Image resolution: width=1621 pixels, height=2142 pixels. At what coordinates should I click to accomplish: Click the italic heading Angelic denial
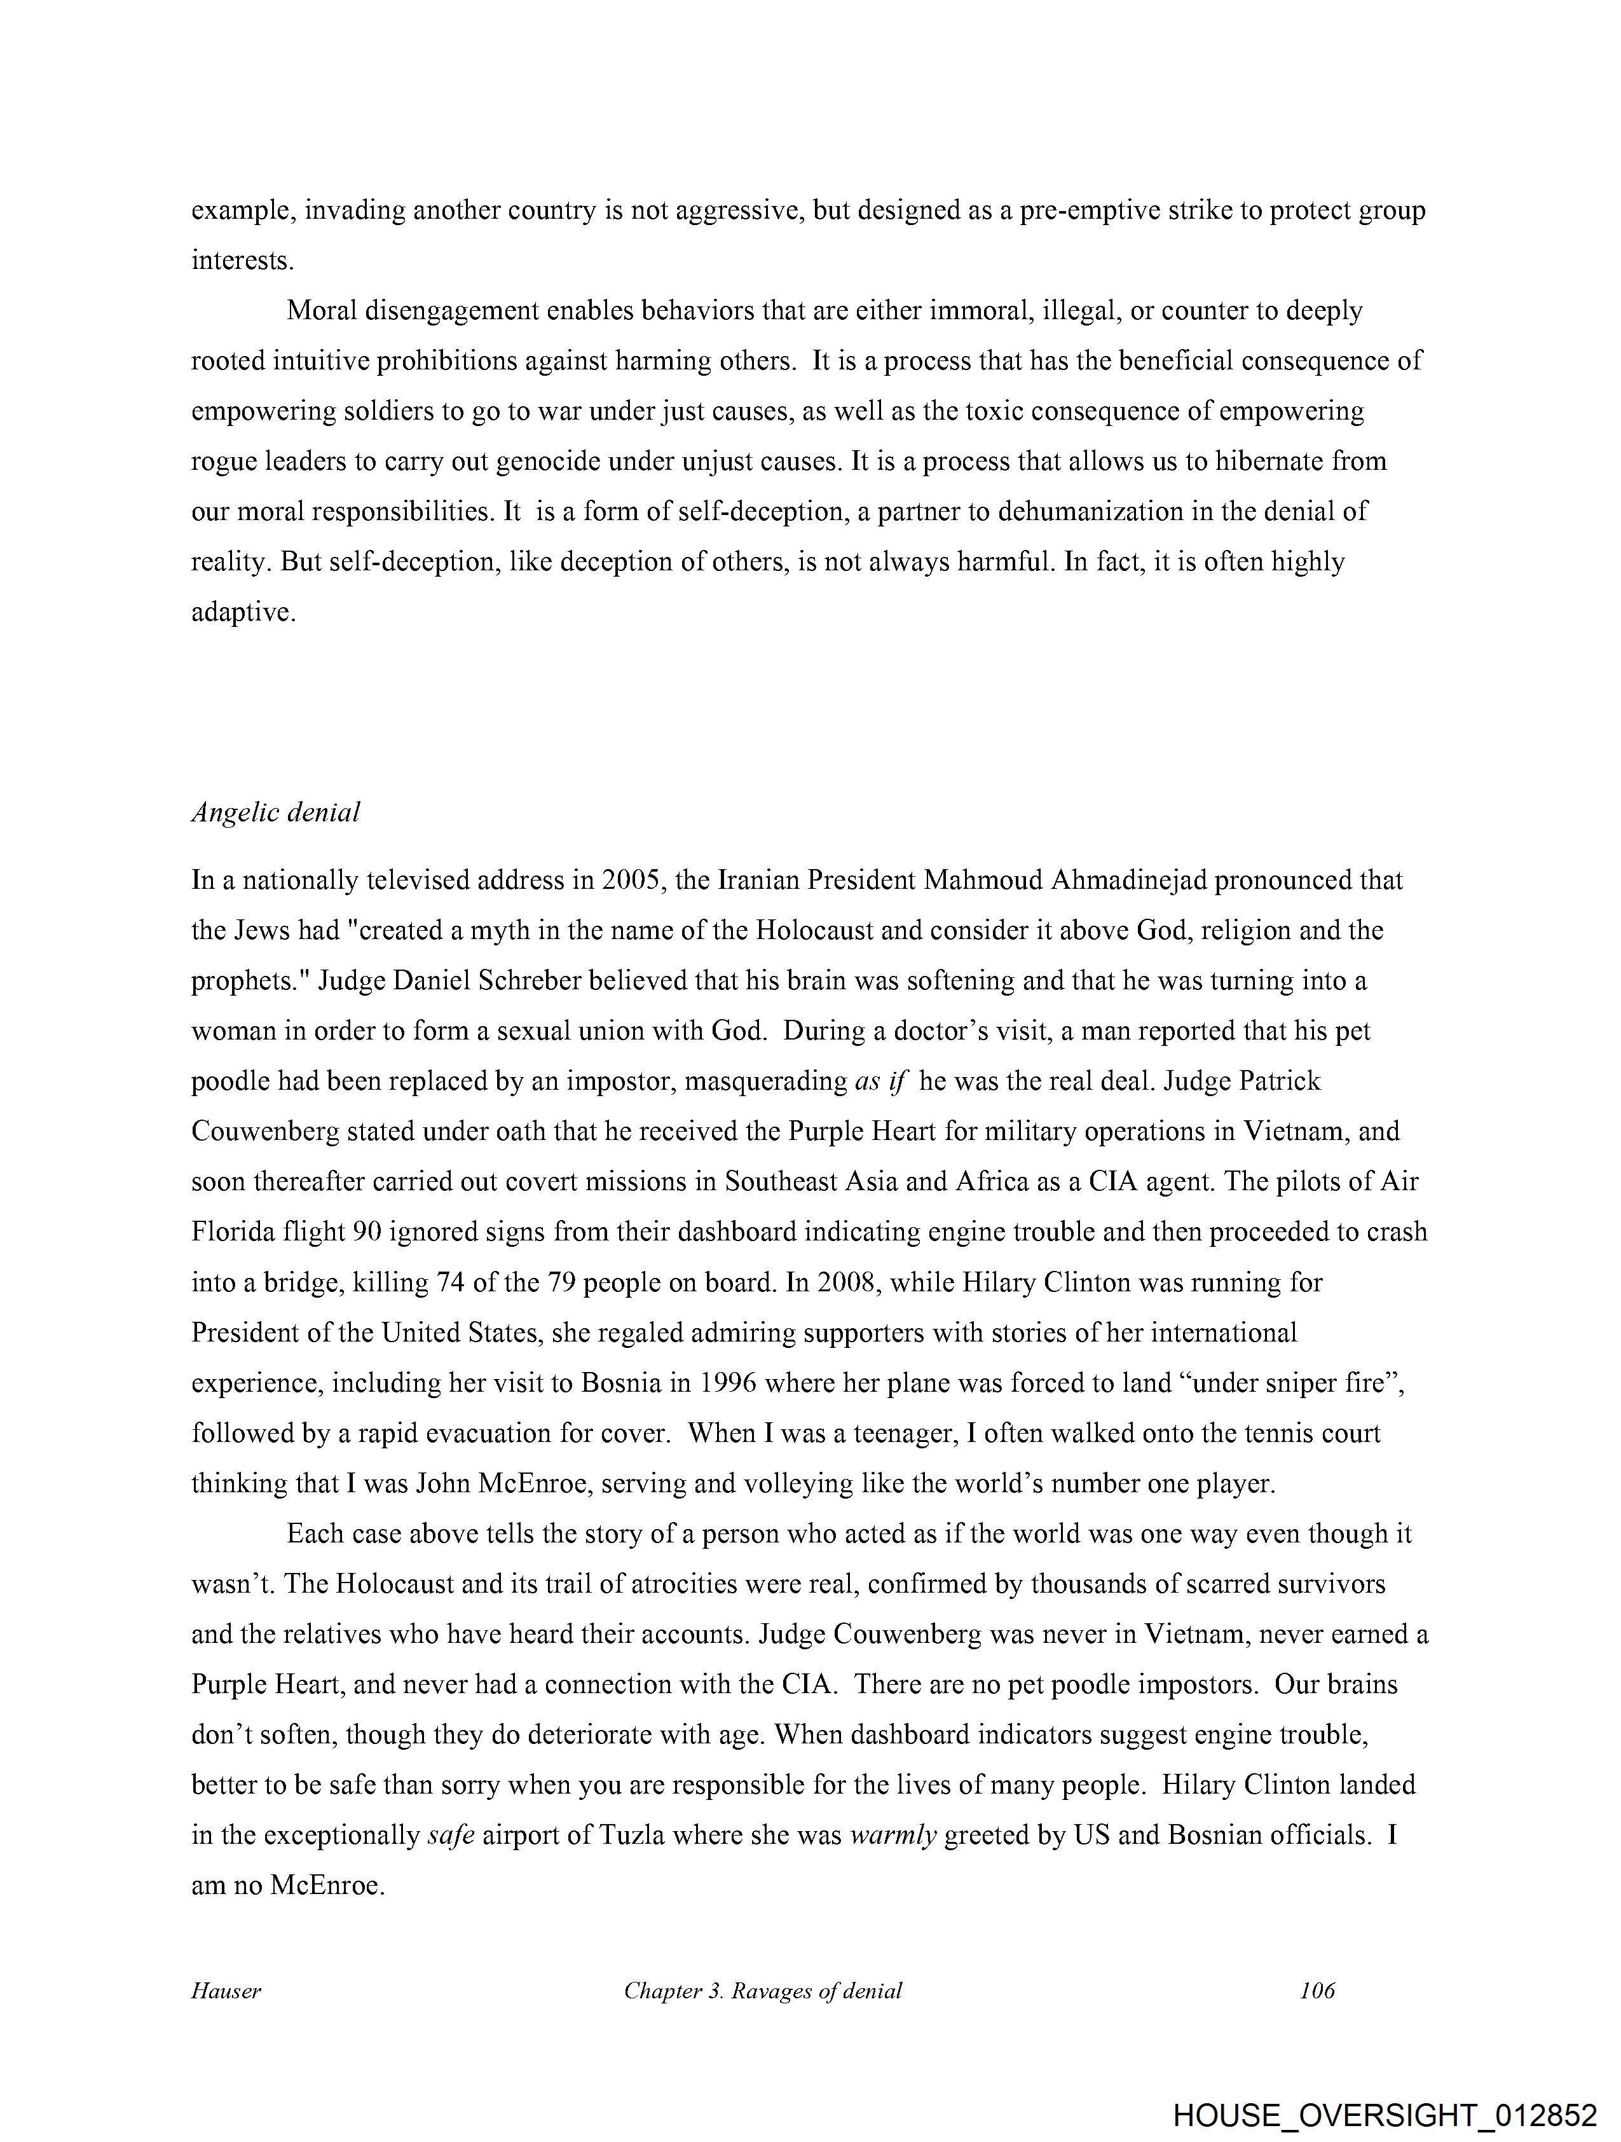point(275,813)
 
